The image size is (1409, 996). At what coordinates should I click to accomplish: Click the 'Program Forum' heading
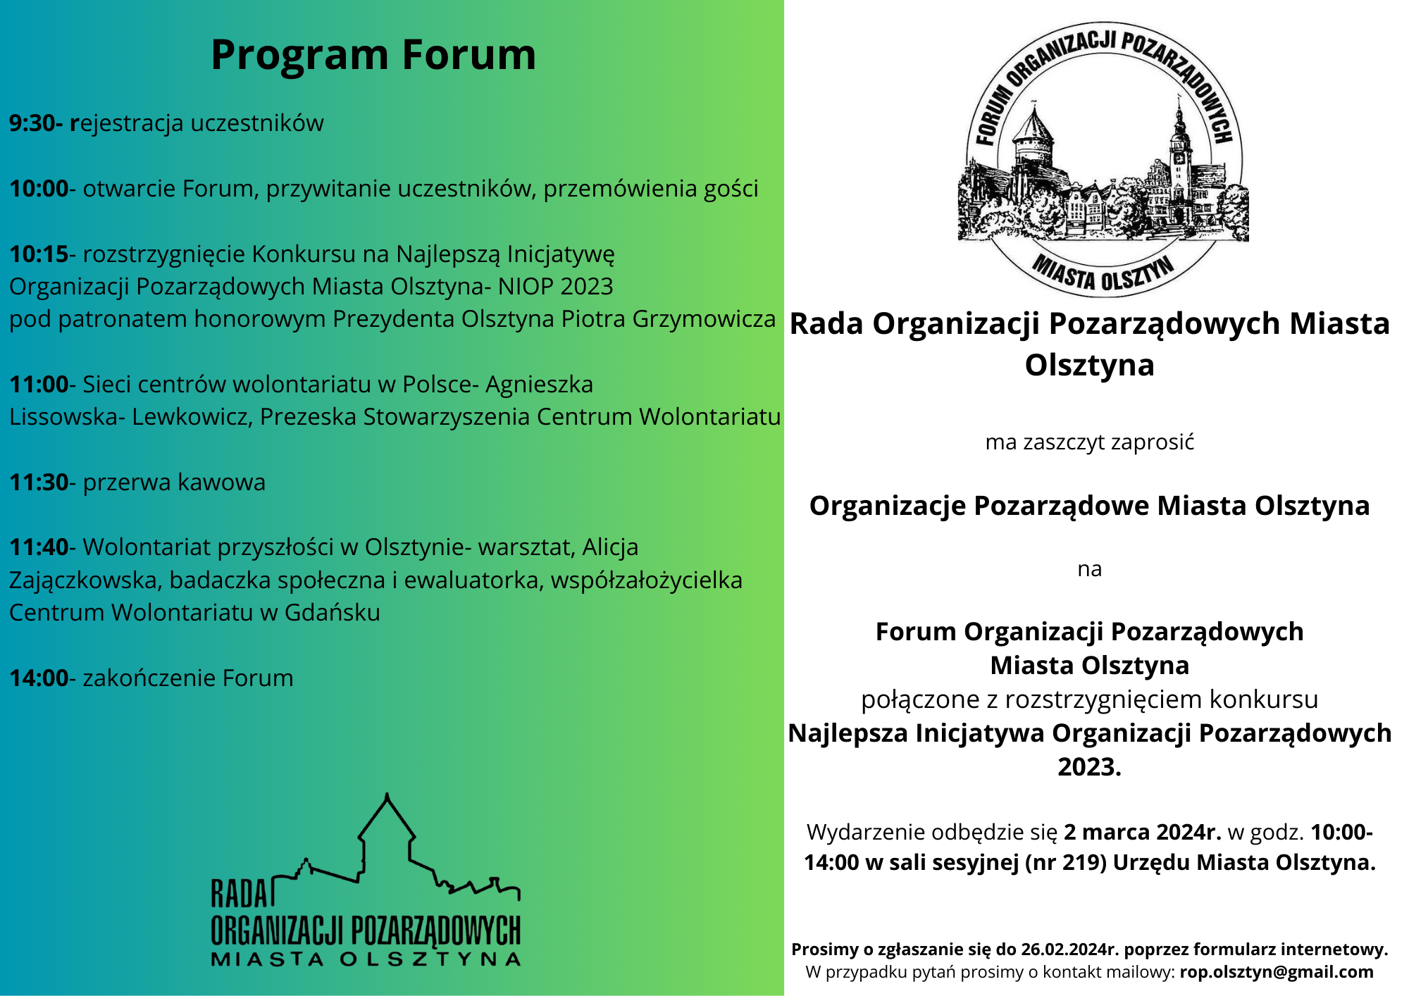point(373,55)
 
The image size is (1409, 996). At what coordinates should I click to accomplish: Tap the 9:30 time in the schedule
point(32,123)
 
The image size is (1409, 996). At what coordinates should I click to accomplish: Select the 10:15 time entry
point(39,254)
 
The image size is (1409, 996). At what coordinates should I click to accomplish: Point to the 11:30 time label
point(39,483)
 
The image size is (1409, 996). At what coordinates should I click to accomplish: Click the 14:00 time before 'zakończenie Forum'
point(39,678)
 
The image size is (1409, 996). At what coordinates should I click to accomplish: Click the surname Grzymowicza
point(704,320)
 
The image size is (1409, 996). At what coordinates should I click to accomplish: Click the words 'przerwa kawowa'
point(174,483)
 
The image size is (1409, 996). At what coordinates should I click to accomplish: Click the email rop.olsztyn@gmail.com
point(1277,972)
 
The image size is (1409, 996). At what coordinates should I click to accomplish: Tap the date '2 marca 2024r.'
point(1143,832)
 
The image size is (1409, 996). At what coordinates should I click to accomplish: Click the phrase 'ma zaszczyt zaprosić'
point(1090,443)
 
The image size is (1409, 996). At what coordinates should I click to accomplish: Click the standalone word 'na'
point(1090,569)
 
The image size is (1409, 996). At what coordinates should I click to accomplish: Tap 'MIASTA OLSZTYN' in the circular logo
point(1103,273)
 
